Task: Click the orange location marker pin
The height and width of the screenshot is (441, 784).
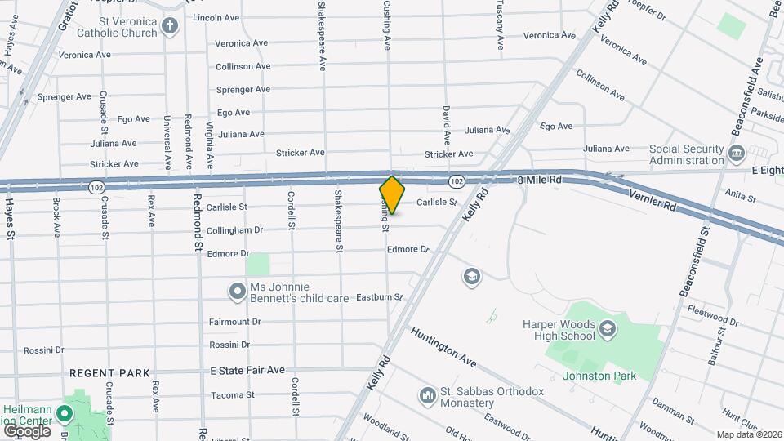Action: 392,194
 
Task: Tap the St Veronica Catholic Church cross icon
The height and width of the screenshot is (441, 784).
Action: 169,25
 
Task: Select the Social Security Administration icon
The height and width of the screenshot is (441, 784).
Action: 736,154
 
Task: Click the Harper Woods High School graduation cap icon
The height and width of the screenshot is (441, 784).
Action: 607,329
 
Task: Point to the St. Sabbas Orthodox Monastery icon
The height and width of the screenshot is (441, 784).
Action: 427,397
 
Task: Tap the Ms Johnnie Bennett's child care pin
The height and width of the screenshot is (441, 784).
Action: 238,292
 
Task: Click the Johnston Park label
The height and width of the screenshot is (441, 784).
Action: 599,376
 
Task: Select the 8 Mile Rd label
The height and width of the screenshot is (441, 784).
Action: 541,179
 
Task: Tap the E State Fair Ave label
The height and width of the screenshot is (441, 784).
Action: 247,370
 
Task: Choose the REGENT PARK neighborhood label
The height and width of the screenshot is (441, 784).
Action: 109,373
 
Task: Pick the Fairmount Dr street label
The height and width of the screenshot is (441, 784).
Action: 234,322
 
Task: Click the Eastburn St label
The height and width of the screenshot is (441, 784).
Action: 380,297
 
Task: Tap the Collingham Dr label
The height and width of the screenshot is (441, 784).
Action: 235,230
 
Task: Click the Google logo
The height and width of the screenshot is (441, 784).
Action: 27,430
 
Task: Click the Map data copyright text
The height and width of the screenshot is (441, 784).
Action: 749,434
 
